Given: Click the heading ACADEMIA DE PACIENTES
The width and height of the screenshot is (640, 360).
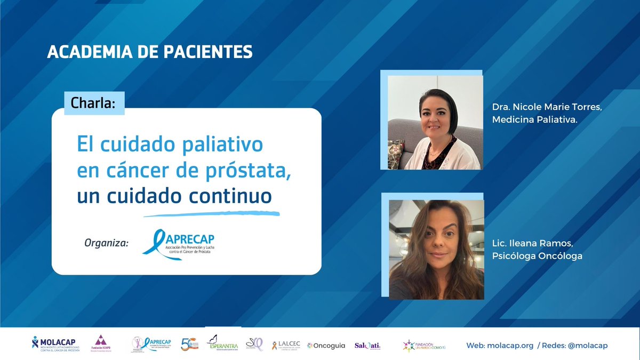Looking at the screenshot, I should [x=150, y=52].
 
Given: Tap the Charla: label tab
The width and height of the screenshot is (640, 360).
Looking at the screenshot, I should [x=94, y=103].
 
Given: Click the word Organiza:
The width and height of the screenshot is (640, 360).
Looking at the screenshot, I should [x=107, y=243].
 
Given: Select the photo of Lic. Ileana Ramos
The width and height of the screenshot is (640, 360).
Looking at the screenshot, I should [x=436, y=250].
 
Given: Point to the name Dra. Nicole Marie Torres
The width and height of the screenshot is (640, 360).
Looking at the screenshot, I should [x=547, y=107].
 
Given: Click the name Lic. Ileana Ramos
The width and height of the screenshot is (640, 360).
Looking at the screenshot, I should [x=533, y=244].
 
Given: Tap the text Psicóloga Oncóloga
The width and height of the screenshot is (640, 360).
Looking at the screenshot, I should [x=538, y=256].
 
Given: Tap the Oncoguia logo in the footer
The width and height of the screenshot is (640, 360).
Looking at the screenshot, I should [x=326, y=345].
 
